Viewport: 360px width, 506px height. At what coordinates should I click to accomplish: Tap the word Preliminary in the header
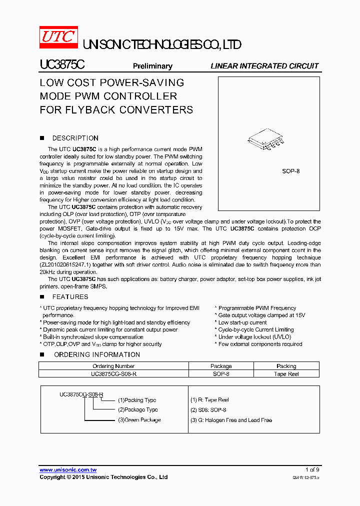[152, 66]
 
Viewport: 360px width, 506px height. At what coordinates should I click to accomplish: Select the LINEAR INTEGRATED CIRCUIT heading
[264, 66]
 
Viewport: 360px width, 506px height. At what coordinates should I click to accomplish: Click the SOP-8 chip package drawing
[265, 140]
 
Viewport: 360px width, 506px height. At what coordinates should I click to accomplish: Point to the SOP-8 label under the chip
[290, 171]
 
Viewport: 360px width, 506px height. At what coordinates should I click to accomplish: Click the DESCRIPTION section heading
[75, 138]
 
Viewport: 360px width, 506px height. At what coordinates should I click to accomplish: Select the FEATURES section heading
[70, 297]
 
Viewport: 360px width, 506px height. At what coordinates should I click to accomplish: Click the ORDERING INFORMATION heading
[96, 354]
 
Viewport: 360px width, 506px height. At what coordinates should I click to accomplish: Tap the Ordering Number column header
[113, 366]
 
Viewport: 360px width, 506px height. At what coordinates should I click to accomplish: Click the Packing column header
[286, 366]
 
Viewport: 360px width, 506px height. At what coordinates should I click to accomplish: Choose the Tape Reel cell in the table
[286, 374]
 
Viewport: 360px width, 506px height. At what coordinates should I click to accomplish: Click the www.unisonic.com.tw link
[68, 470]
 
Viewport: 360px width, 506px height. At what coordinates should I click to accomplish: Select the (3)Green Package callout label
[139, 420]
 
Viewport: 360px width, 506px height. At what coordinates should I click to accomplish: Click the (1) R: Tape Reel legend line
[209, 400]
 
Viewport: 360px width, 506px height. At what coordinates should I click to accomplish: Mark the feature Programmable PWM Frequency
[256, 308]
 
